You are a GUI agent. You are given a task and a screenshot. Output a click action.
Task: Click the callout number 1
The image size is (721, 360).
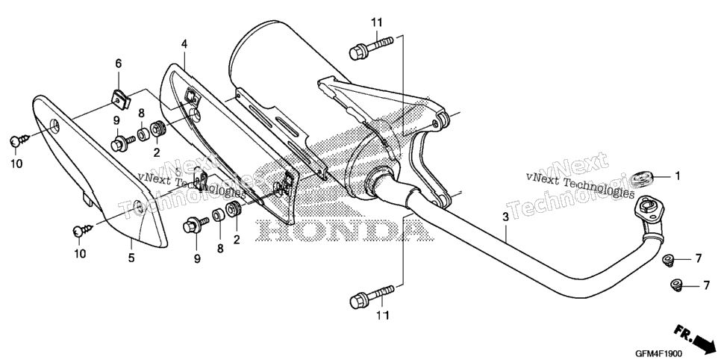(676, 176)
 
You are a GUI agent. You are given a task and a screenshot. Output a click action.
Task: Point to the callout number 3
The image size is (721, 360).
(505, 217)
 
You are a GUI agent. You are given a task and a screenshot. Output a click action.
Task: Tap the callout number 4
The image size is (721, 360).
(184, 44)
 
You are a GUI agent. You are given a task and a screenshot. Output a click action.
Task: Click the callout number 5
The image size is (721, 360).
(131, 258)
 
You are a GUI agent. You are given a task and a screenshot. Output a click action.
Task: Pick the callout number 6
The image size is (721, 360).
(118, 63)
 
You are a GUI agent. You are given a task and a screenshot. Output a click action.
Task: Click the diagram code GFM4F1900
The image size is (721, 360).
(658, 353)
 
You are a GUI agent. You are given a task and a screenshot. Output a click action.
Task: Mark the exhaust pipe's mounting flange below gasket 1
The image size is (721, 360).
(649, 209)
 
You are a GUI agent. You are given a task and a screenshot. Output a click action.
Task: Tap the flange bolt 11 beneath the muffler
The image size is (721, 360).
(372, 297)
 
